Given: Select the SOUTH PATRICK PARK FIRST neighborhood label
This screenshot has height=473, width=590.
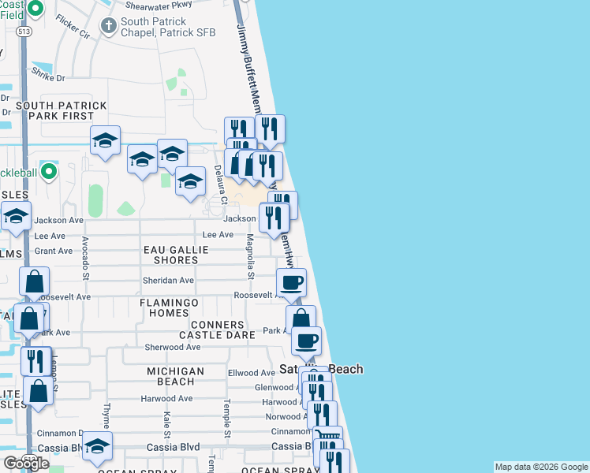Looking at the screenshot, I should pos(61,110).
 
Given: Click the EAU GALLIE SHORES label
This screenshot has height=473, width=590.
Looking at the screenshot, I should pos(176,255).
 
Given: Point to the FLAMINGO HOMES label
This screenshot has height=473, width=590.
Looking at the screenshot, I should pos(170,307).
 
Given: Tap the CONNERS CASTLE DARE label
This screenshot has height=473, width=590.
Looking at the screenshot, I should pos(222,330).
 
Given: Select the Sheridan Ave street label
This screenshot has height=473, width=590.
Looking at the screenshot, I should pos(168,280).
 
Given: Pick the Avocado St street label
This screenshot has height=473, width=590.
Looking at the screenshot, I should pos(86,260).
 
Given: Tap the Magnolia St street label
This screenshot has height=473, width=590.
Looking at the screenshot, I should pos(249,256).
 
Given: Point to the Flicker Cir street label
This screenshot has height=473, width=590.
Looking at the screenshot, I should pos(73,26).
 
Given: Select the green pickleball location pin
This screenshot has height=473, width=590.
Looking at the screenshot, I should pos(49,170).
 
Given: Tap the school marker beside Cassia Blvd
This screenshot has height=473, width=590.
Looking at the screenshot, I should pos(98,446).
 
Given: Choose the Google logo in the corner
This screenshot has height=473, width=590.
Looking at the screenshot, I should pos(26,464).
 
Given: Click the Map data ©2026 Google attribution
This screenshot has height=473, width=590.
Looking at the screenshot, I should pos(540,467).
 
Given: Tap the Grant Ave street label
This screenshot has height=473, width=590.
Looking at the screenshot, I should pos(54,251).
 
